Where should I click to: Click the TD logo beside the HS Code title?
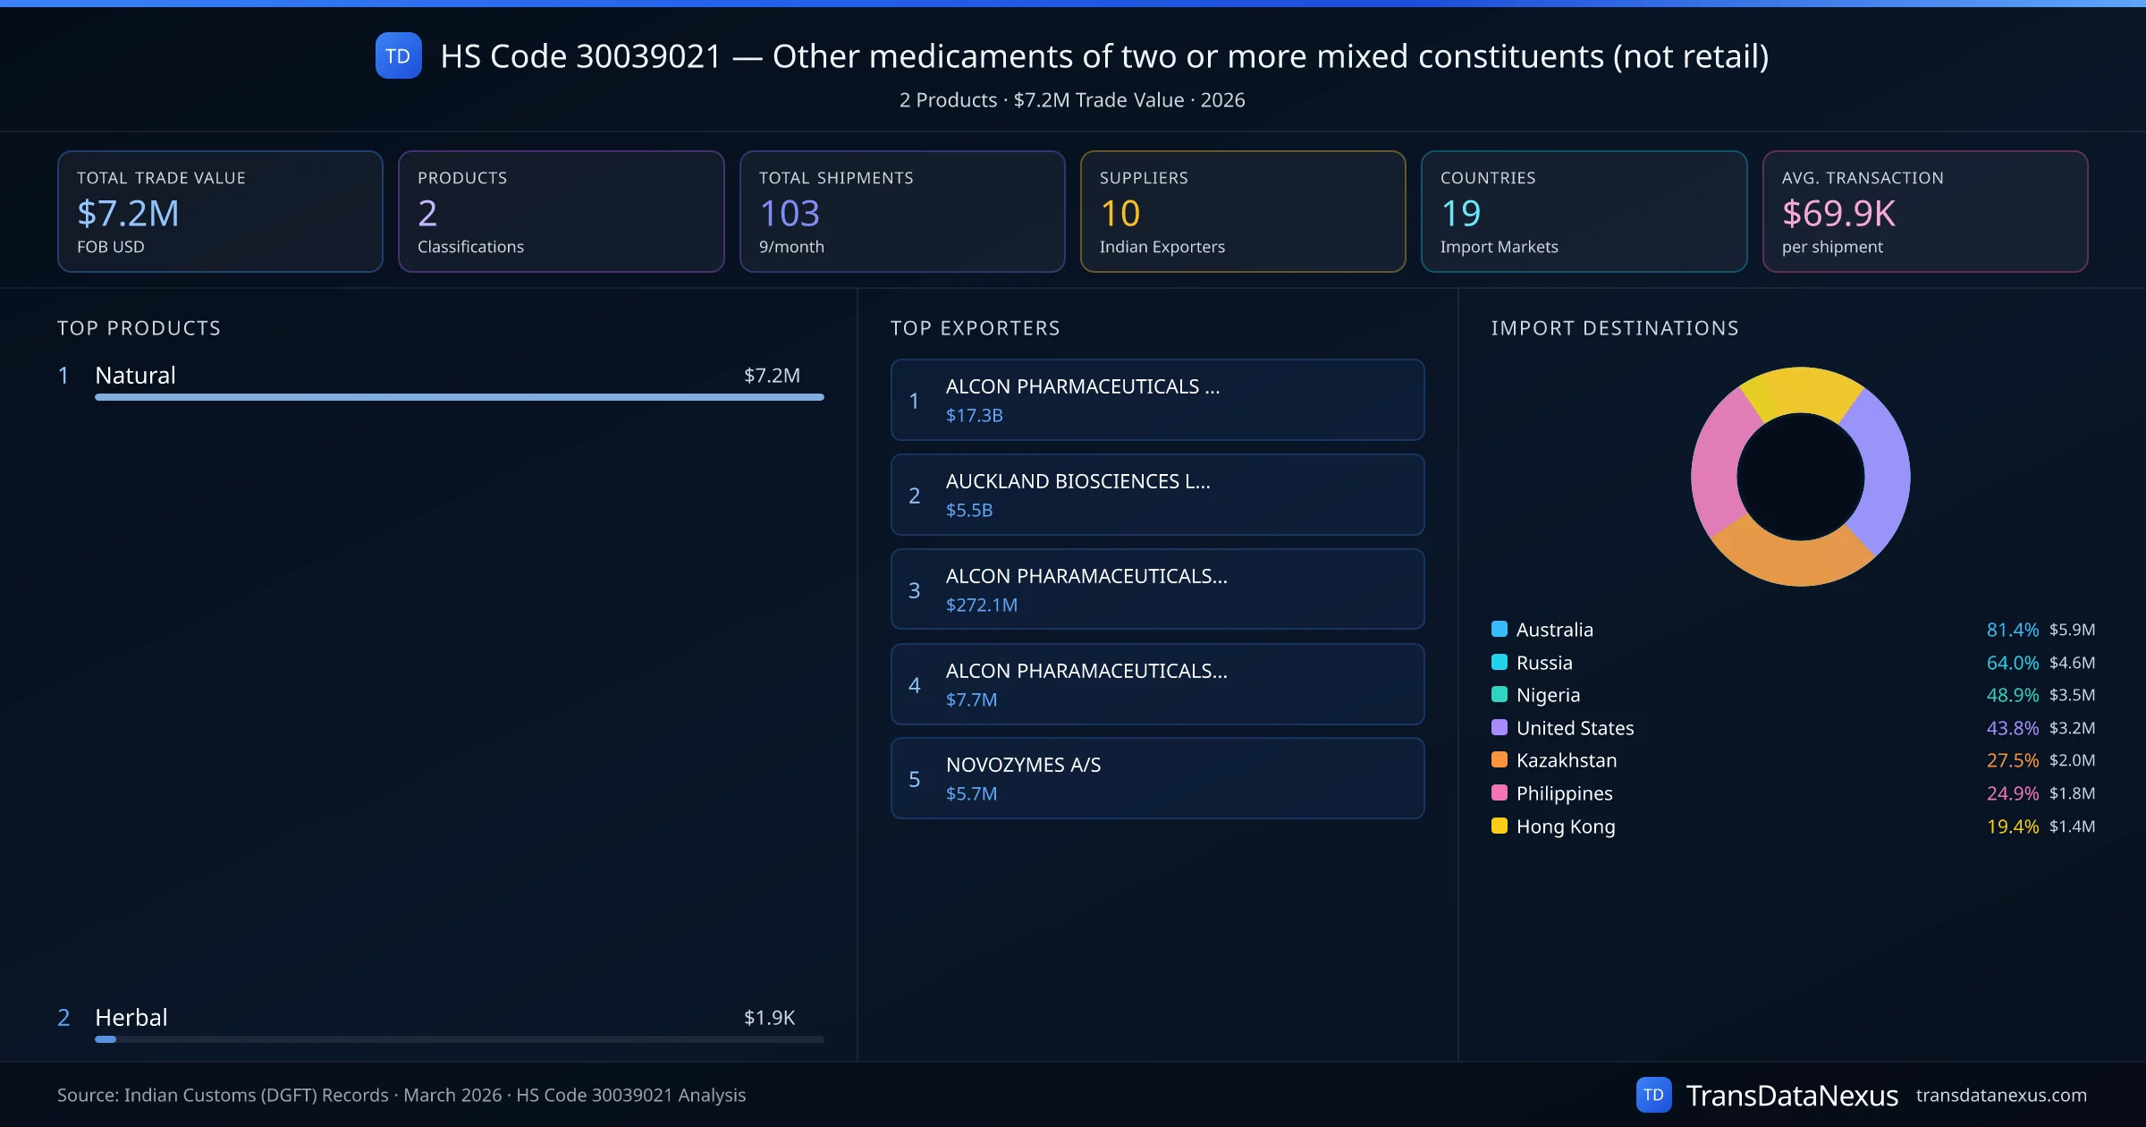(x=398, y=55)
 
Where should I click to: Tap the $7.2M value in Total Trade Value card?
(x=128, y=213)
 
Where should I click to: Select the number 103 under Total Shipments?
(x=789, y=213)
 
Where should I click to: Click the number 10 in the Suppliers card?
(x=1119, y=213)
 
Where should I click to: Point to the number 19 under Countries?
(x=1460, y=213)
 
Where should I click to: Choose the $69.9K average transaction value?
(x=1838, y=213)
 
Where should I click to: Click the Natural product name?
(x=135, y=375)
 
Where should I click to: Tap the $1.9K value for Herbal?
(x=769, y=1017)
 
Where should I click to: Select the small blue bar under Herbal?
(x=106, y=1039)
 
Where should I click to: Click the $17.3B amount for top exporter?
(x=974, y=415)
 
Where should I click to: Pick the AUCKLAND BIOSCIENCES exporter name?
(x=1077, y=481)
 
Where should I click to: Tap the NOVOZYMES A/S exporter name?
(x=1023, y=765)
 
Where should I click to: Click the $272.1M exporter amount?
(x=981, y=605)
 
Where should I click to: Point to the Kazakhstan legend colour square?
(x=1500, y=760)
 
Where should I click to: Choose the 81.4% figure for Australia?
(x=2012, y=630)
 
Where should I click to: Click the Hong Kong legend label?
(x=1565, y=826)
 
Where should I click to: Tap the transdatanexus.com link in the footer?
(x=2000, y=1095)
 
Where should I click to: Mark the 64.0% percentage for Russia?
(x=2012, y=663)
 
